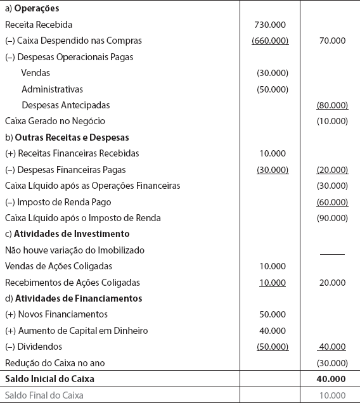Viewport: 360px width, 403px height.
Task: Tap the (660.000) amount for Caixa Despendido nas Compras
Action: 270,41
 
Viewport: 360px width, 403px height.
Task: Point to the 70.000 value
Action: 333,41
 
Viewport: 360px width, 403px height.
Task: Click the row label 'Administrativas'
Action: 52,89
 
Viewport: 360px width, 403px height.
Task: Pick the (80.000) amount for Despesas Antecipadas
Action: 332,105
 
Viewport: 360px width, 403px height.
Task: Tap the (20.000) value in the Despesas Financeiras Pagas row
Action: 332,170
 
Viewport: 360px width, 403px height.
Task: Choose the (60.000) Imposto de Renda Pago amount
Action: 332,202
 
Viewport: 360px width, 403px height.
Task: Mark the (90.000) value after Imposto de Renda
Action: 332,218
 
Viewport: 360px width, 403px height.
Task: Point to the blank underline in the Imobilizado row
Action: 332,253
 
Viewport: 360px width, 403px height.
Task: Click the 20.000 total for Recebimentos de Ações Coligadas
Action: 333,283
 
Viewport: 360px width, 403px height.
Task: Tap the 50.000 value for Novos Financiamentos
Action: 273,314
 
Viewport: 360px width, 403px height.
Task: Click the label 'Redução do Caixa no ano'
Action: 55,362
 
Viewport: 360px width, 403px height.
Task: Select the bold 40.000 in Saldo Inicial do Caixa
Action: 332,379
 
